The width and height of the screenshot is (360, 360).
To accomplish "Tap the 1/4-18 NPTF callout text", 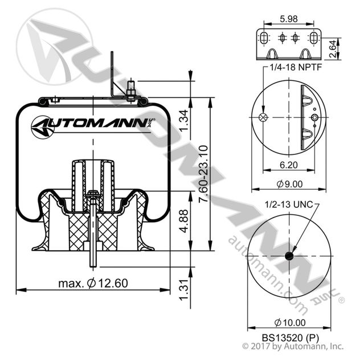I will click(x=293, y=67).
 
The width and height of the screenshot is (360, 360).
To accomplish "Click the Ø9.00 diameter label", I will click(x=289, y=183).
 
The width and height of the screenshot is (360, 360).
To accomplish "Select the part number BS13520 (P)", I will click(x=289, y=337).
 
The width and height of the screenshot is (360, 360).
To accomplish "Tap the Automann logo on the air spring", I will click(x=91, y=124).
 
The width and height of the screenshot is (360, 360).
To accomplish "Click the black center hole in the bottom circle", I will click(x=289, y=256).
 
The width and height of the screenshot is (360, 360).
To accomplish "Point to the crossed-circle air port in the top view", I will click(x=263, y=117).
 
